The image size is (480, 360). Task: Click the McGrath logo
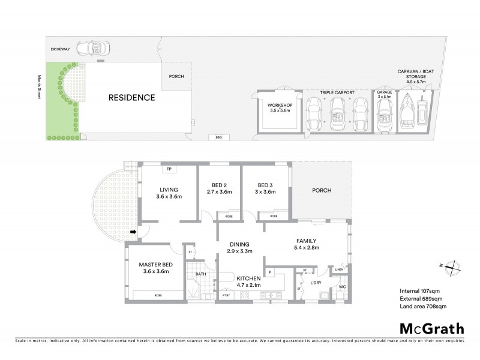(432, 328)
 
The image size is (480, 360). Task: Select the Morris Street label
(39, 88)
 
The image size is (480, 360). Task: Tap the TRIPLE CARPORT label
(337, 92)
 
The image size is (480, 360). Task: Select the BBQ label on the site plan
(218, 137)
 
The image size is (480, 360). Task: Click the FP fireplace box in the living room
(169, 170)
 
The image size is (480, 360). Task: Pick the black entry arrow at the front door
(134, 231)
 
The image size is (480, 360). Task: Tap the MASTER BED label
(154, 265)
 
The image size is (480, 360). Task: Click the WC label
(343, 286)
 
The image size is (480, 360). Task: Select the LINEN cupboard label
(339, 269)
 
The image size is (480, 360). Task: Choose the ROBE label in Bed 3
(274, 216)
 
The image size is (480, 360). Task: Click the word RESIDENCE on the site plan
(131, 97)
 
